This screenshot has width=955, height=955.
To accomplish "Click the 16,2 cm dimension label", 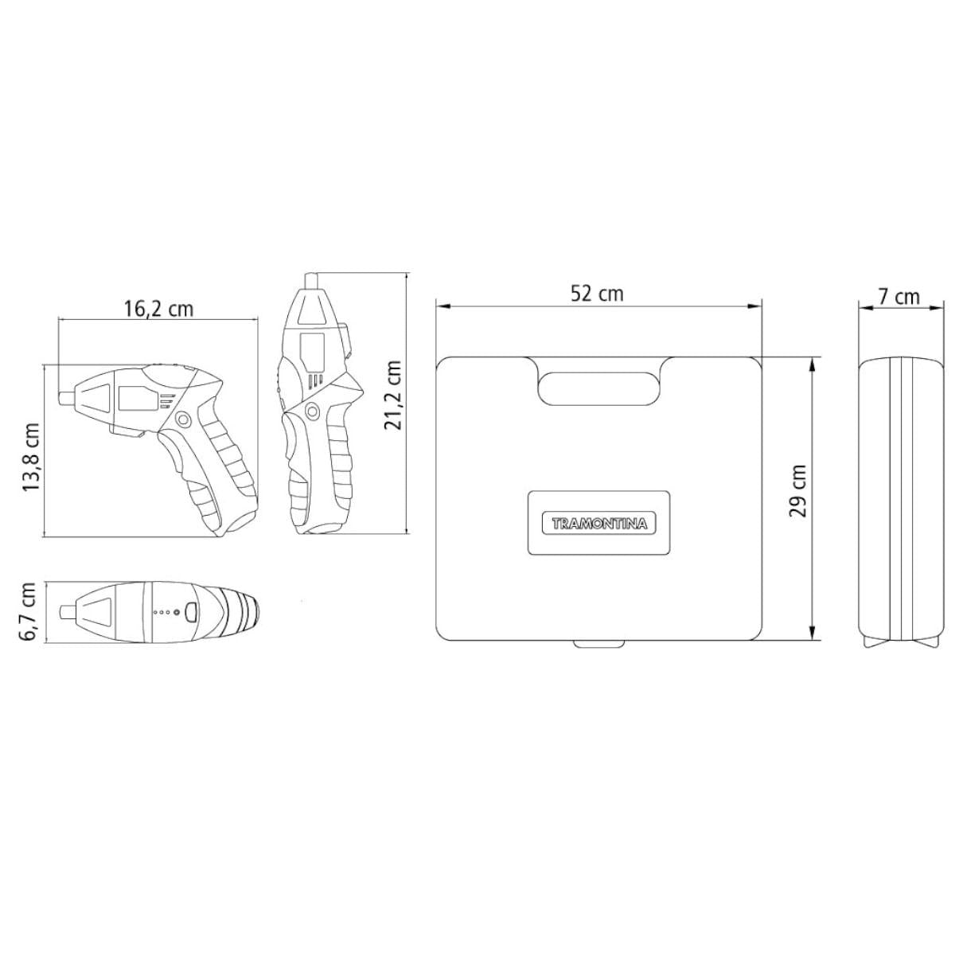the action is [x=158, y=309].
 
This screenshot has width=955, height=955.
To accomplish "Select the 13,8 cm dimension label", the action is [x=31, y=457].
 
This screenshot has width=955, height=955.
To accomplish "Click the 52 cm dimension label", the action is [x=597, y=294].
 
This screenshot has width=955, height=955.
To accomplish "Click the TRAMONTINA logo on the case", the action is [x=598, y=524].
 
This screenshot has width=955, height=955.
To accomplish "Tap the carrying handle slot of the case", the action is [x=599, y=388].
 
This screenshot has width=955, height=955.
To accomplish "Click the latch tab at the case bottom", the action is [x=598, y=643].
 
